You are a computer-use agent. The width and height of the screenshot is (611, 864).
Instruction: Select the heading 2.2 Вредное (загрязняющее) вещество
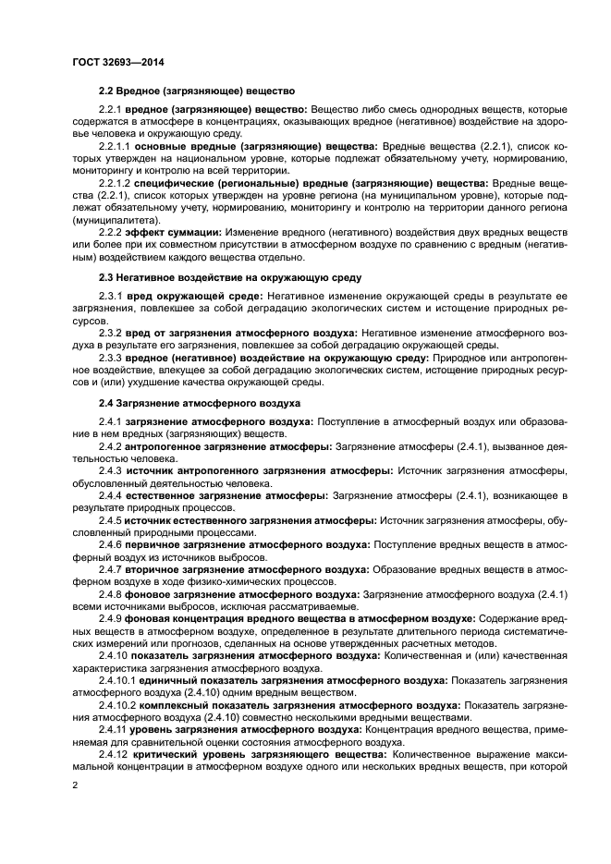[x=196, y=91]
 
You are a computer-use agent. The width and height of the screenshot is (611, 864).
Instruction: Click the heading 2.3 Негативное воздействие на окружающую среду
[x=230, y=277]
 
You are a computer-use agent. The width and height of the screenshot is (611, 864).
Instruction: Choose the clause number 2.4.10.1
[x=116, y=680]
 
